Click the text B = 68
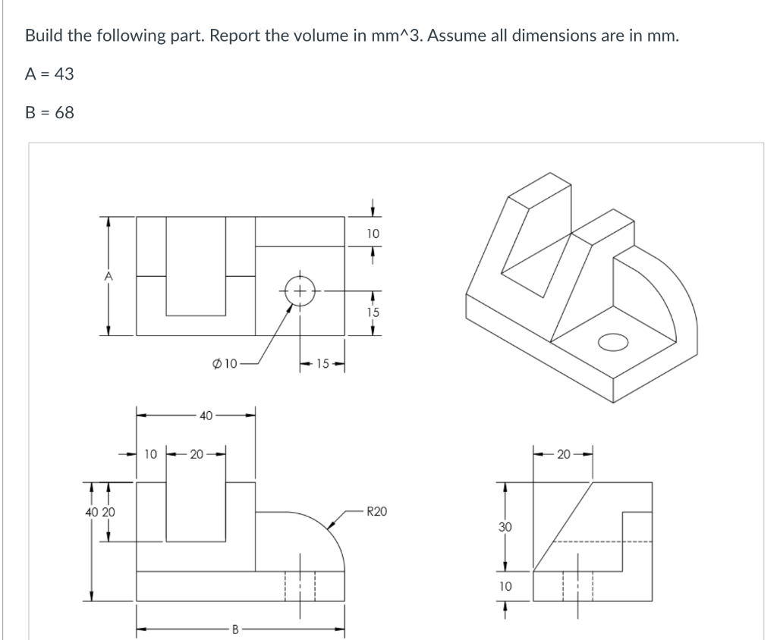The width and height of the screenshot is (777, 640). (x=50, y=112)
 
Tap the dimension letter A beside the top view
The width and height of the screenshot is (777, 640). (x=109, y=278)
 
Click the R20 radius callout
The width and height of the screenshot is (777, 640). (x=376, y=512)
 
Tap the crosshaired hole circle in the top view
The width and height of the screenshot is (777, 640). (x=300, y=290)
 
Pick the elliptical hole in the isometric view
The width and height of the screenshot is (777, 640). (x=614, y=341)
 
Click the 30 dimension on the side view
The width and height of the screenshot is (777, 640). (x=505, y=525)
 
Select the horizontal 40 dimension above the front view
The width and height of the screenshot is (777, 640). (x=205, y=415)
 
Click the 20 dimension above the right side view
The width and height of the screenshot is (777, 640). (x=563, y=454)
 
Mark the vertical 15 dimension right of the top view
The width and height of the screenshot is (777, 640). (x=372, y=312)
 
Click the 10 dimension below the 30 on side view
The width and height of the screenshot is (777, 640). (x=505, y=586)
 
